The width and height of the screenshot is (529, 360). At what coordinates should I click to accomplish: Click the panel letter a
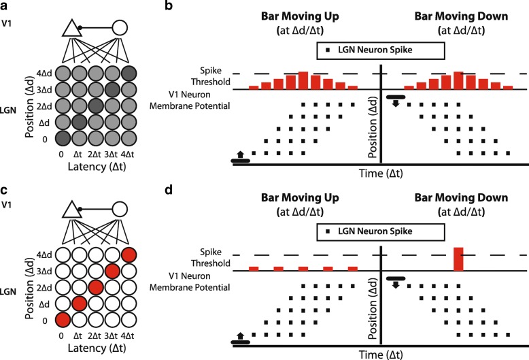click(5, 7)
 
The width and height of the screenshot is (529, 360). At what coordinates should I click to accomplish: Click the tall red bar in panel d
click(459, 259)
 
